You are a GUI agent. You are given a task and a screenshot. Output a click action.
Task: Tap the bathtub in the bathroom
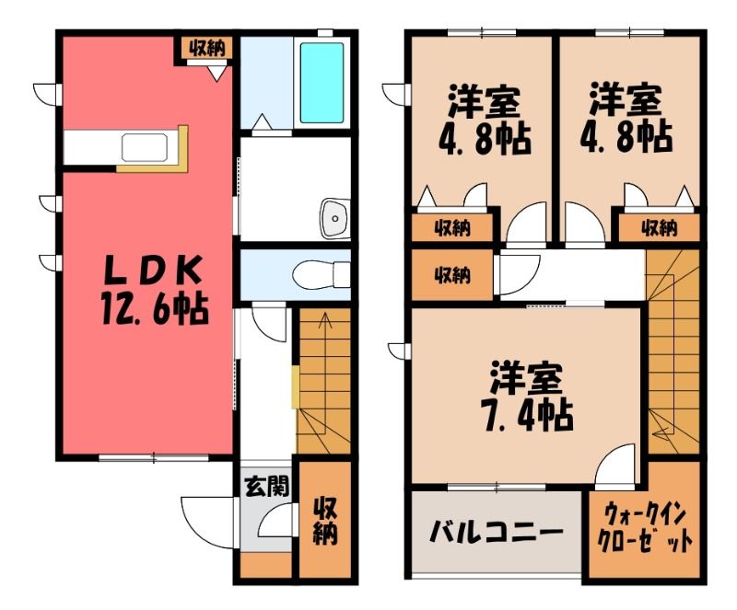(x=322, y=83)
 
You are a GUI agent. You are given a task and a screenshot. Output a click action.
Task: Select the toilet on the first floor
(x=321, y=274)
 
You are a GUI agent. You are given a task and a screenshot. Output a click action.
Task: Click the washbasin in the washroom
(x=334, y=218)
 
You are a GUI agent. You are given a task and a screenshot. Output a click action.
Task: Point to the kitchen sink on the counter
(x=145, y=147)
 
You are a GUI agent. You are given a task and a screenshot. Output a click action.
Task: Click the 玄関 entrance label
(x=266, y=487)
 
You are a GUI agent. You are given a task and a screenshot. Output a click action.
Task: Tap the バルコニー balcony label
(x=497, y=533)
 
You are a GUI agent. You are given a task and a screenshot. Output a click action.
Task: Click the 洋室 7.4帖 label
(x=527, y=396)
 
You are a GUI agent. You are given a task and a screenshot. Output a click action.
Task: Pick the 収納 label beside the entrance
(x=325, y=521)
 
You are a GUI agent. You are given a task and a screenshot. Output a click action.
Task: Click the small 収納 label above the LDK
(x=207, y=48)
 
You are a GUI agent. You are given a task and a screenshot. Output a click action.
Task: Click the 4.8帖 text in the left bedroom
(x=485, y=140)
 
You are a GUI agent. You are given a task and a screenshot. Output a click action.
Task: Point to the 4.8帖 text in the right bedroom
(x=626, y=136)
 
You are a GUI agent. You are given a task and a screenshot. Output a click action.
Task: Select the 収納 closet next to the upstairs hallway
(x=452, y=275)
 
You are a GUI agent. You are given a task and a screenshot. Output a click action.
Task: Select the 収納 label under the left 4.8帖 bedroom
(x=452, y=228)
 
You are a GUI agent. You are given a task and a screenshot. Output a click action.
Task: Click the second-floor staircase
(x=673, y=352)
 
